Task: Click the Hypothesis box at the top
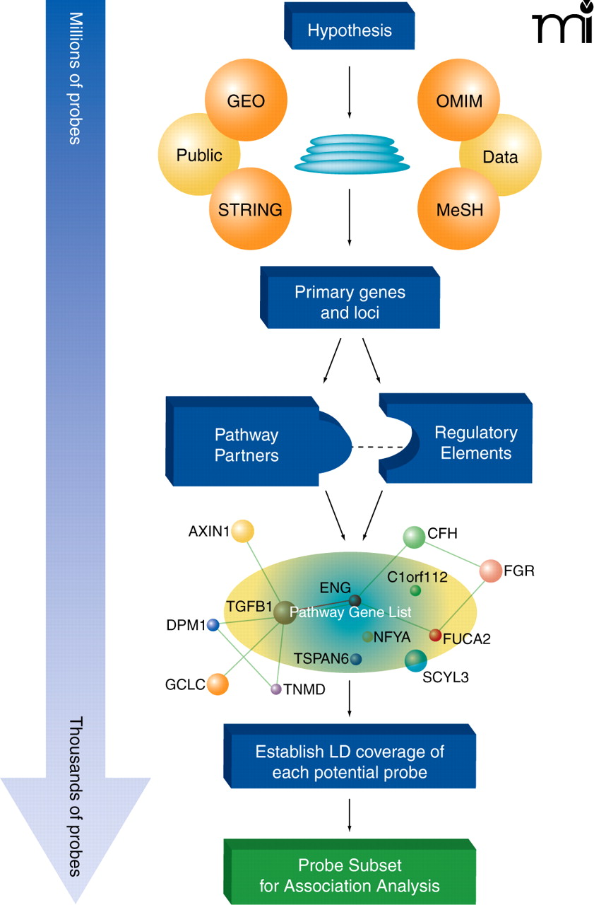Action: pos(350,30)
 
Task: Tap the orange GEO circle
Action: pos(246,100)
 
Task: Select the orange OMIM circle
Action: pos(459,100)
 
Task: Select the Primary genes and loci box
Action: pos(350,302)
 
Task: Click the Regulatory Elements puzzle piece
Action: pos(466,442)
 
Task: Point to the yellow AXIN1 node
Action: pos(242,530)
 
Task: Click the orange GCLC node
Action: pos(218,684)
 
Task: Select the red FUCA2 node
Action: pos(435,635)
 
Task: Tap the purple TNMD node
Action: pos(276,689)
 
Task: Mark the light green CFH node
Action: pos(412,537)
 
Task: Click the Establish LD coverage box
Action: pos(350,761)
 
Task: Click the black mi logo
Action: pos(561,25)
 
